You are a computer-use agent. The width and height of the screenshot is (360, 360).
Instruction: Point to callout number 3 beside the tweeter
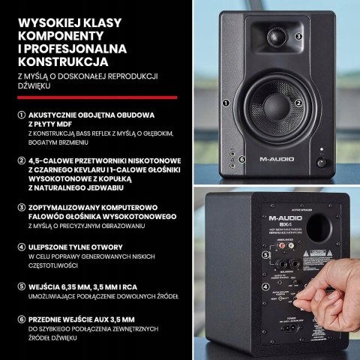pos(298,35)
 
